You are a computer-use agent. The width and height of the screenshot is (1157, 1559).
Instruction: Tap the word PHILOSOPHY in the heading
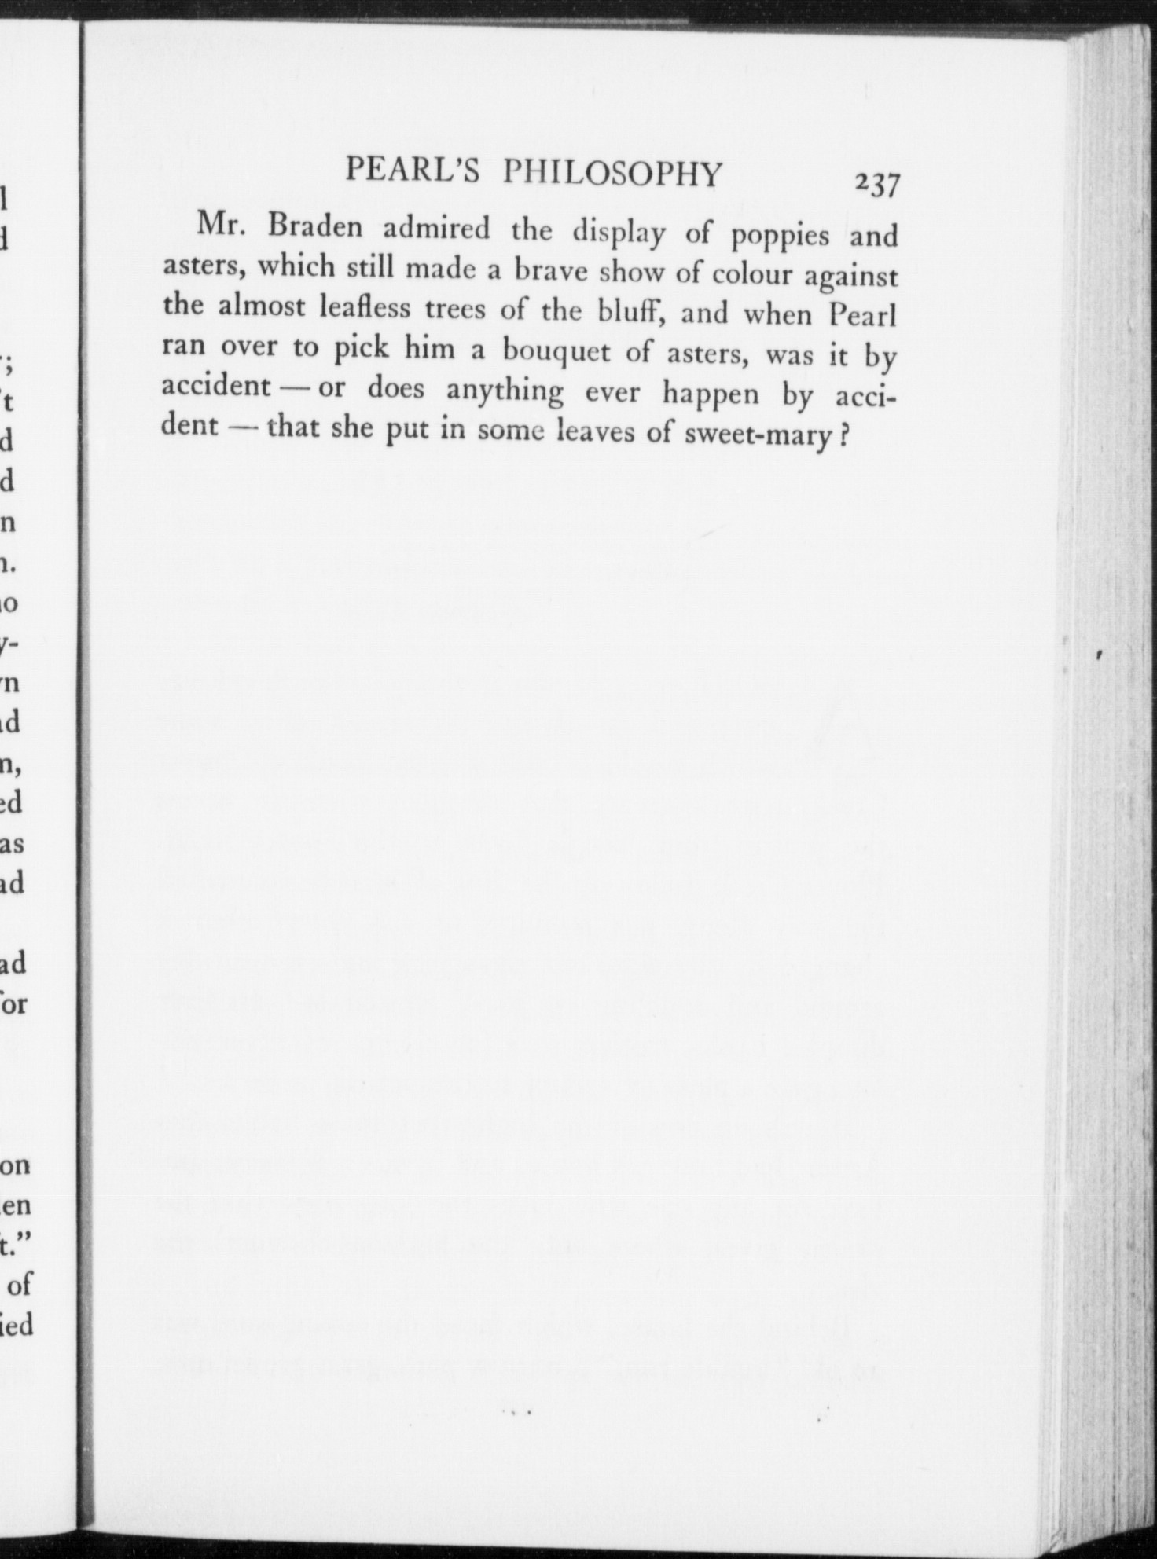coord(612,173)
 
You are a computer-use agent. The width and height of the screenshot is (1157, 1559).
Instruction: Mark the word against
coord(850,277)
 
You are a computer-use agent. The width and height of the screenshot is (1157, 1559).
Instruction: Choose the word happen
coord(711,394)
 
